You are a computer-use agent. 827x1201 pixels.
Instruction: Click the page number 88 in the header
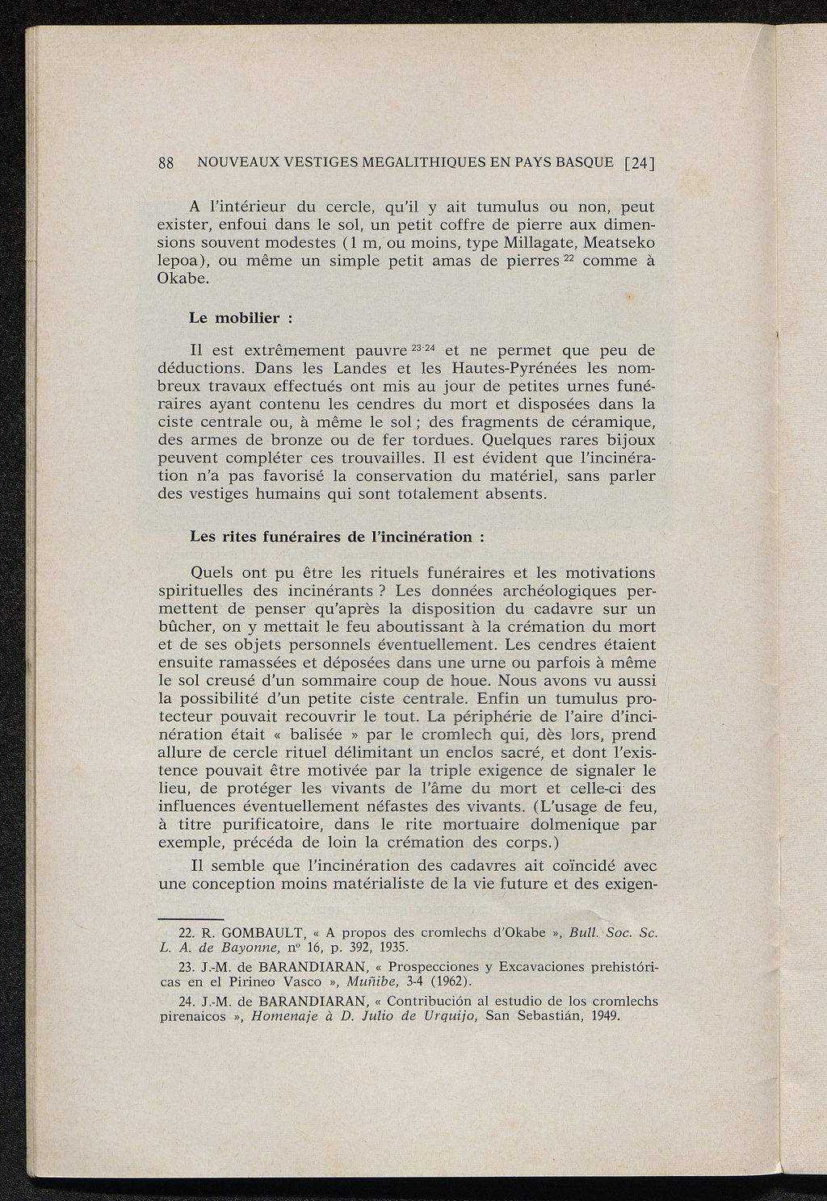(166, 162)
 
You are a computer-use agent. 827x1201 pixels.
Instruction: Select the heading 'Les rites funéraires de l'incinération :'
(337, 537)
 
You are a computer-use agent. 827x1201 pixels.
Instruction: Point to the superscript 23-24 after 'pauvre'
(423, 348)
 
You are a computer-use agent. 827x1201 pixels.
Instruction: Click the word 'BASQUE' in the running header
(583, 162)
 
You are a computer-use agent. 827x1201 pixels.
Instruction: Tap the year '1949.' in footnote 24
(605, 1015)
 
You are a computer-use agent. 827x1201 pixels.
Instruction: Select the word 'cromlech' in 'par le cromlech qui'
(462, 734)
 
